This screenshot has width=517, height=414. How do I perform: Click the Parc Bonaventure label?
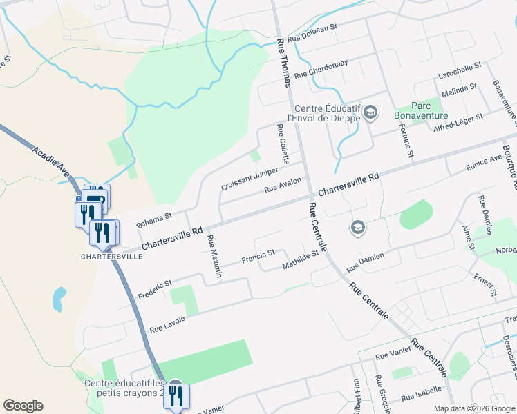pos(421,110)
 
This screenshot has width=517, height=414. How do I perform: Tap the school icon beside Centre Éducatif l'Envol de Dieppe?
pos(370,112)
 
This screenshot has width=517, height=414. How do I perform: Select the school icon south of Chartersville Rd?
pos(357,227)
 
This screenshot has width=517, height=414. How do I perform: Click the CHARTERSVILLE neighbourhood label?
pos(112,256)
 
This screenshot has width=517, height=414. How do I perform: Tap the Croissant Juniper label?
pos(250,178)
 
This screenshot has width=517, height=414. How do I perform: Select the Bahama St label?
pos(153,220)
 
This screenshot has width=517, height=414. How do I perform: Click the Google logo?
pos(23,406)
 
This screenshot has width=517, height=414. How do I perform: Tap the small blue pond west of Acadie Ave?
pos(59,299)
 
